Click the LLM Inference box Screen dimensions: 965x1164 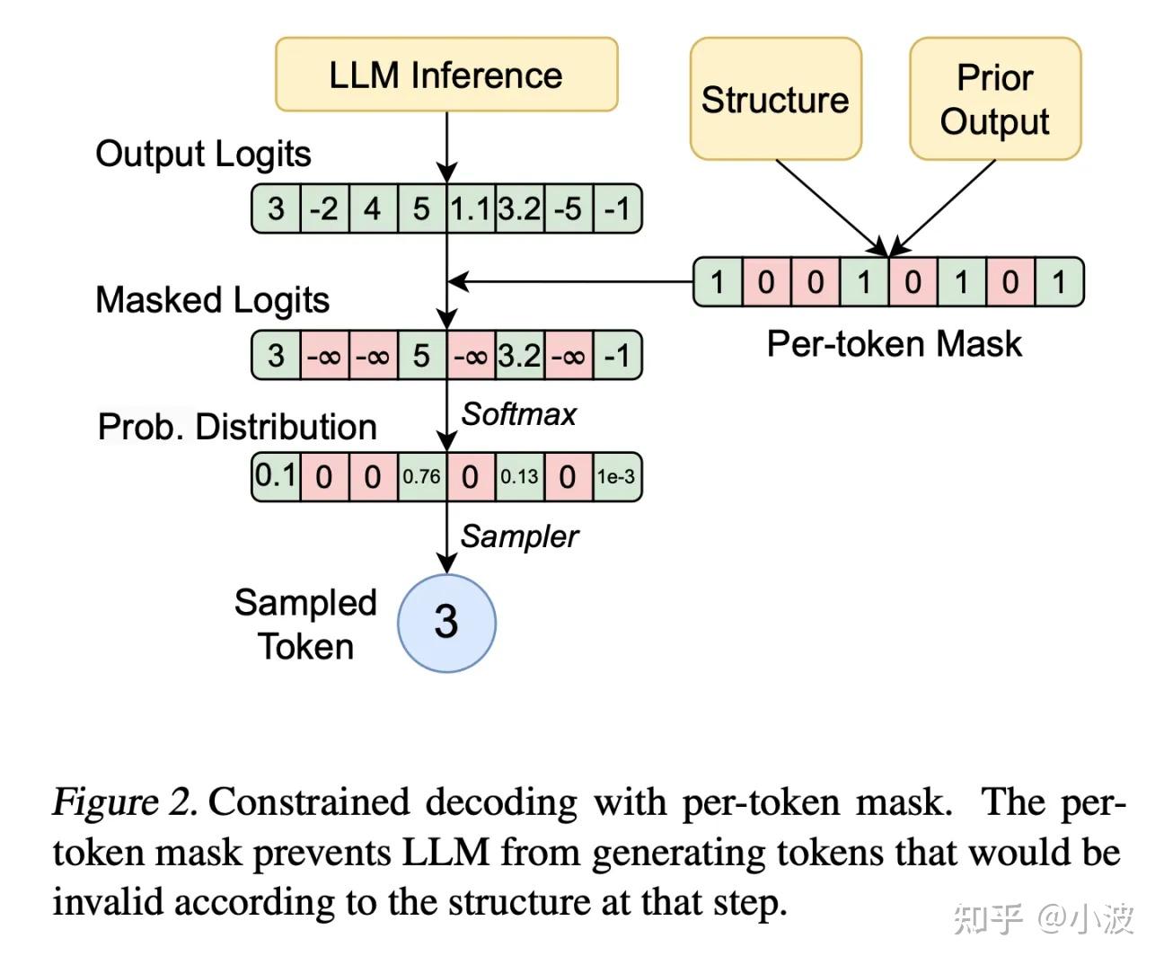pyautogui.click(x=446, y=75)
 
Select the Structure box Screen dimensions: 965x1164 pyautogui.click(x=775, y=99)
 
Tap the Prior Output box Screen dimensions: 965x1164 pyautogui.click(x=995, y=99)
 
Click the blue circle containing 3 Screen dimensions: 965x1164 pyautogui.click(x=446, y=623)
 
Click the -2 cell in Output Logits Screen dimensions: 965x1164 pyautogui.click(x=324, y=209)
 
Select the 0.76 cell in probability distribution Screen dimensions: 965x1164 pyautogui.click(x=421, y=477)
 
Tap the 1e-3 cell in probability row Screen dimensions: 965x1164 pyautogui.click(x=617, y=477)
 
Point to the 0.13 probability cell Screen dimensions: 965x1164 pyautogui.click(x=519, y=477)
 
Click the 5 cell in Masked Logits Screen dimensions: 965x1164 pyautogui.click(x=421, y=356)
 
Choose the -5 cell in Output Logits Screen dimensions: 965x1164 pyautogui.click(x=568, y=209)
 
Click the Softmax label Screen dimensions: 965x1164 pyautogui.click(x=518, y=414)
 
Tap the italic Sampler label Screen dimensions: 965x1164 pyautogui.click(x=518, y=536)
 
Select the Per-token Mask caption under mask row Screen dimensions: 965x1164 pyautogui.click(x=894, y=344)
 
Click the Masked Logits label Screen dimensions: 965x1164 pyautogui.click(x=212, y=300)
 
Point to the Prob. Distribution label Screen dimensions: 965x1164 pyautogui.click(x=237, y=427)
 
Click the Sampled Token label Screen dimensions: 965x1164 pyautogui.click(x=305, y=624)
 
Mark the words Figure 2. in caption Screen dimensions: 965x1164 pyautogui.click(x=125, y=801)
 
